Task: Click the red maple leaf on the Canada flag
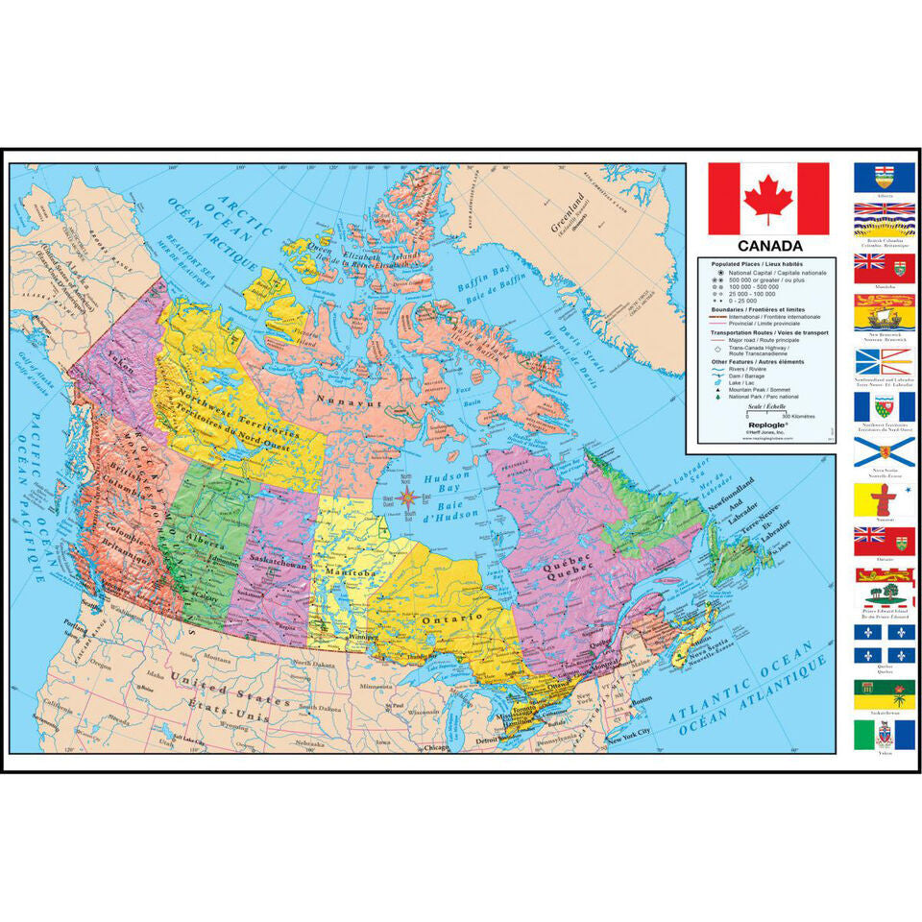tap(768, 199)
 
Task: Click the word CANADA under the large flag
tap(769, 247)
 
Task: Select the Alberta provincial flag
tap(885, 178)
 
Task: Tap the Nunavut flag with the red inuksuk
tap(885, 498)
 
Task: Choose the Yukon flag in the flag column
tap(885, 736)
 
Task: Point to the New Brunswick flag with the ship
tap(885, 313)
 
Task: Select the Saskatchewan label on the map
tap(276, 559)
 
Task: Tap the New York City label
tap(630, 735)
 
